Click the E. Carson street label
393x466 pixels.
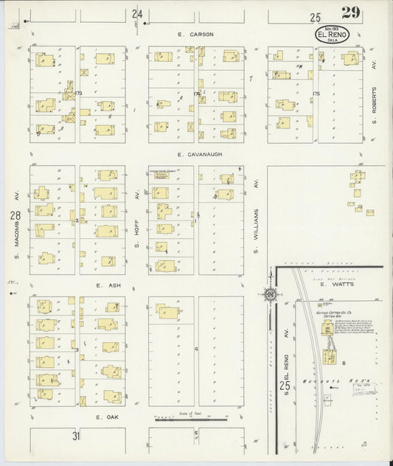(x=180, y=34)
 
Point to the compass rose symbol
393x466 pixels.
(x=270, y=296)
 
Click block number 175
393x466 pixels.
(x=316, y=94)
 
